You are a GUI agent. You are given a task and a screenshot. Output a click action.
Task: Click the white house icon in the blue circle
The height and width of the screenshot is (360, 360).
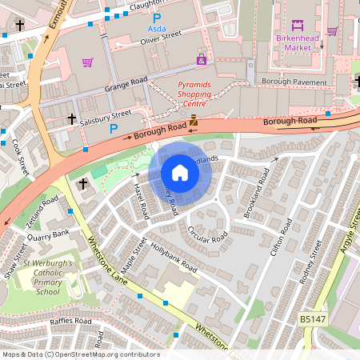point(180,172)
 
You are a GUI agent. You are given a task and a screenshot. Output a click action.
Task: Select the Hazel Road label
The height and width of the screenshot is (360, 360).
point(142,199)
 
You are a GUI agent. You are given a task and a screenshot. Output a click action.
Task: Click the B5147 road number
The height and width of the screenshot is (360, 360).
point(313,318)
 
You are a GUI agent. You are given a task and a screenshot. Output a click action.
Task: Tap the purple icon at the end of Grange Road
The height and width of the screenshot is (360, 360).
point(201,59)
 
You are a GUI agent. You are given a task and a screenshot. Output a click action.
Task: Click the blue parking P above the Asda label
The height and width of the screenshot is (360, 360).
point(157,17)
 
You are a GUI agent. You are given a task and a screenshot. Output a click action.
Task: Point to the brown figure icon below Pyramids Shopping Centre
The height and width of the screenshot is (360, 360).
point(194,121)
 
